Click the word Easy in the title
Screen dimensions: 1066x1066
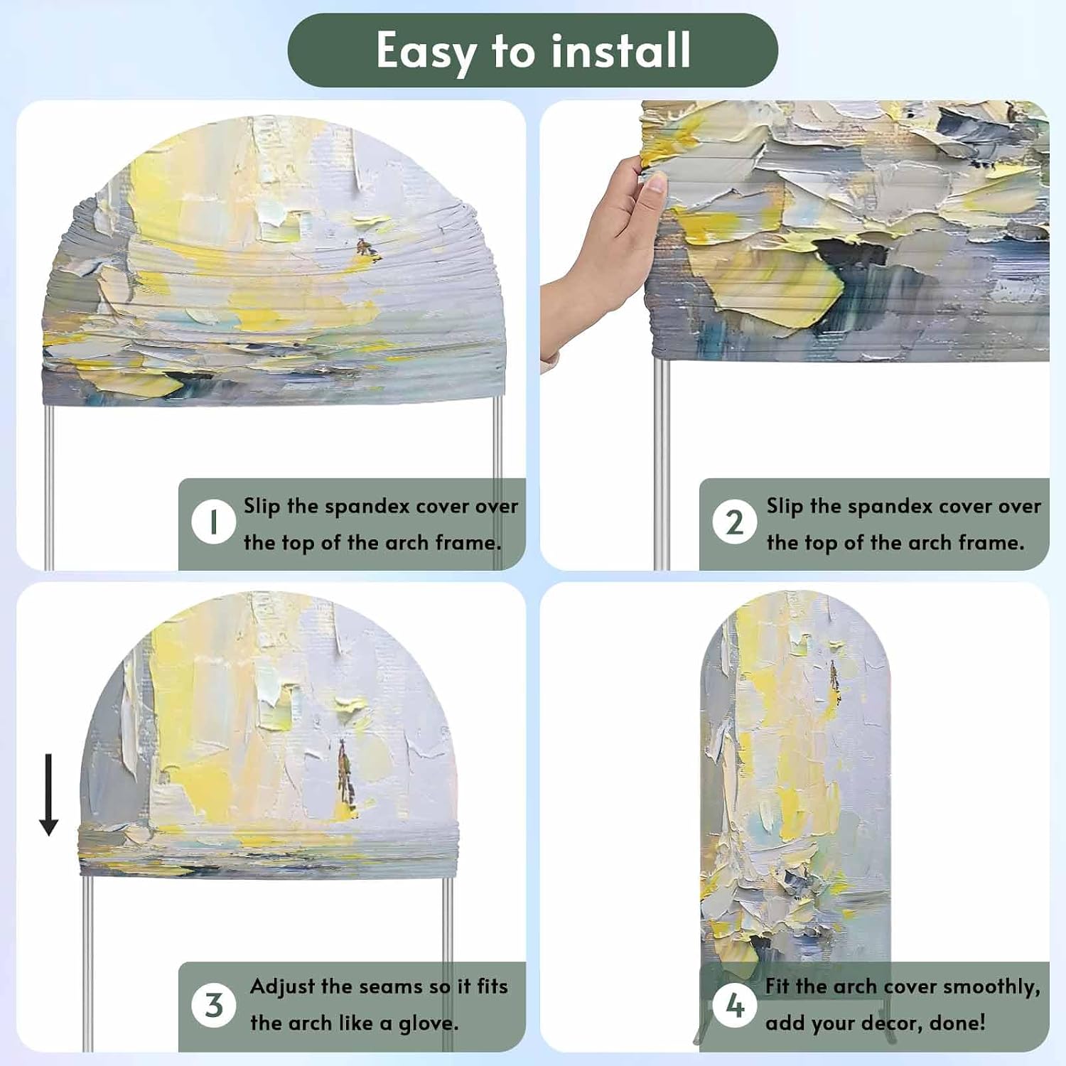426,52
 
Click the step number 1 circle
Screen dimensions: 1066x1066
213,522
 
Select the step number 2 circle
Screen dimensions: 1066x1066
734,522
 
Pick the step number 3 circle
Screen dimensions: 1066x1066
213,1005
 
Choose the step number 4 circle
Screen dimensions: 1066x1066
734,1005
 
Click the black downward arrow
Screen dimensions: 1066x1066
48,795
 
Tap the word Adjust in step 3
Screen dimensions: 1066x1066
282,987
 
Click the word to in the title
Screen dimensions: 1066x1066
514,51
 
